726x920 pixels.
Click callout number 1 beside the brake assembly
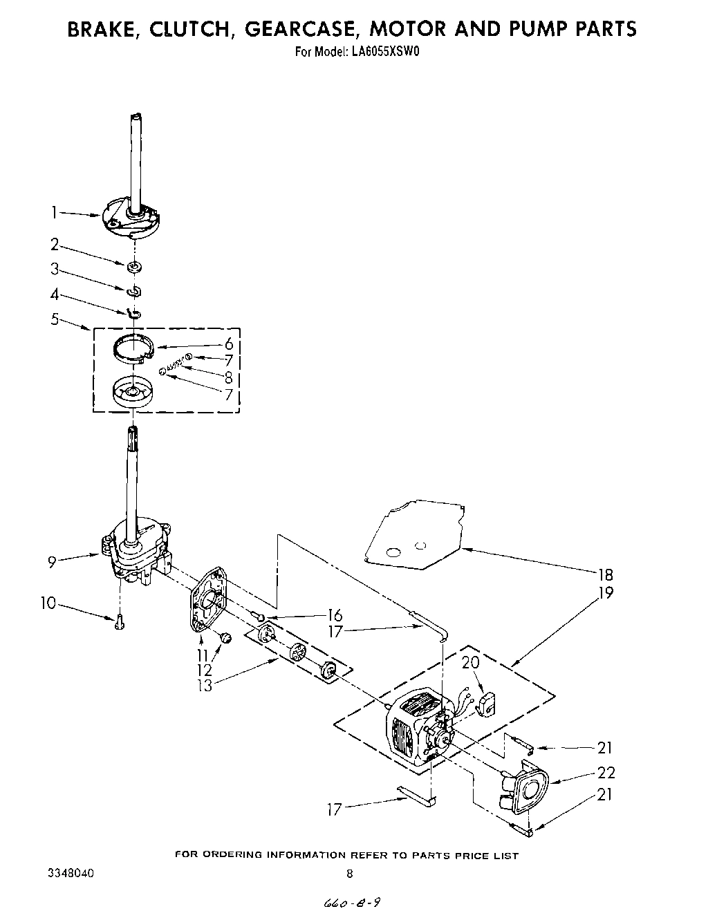coord(55,212)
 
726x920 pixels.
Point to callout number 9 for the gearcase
coord(52,561)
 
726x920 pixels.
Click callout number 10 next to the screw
coord(48,603)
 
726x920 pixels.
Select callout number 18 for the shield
coord(606,574)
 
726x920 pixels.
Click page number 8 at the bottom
coord(350,874)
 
